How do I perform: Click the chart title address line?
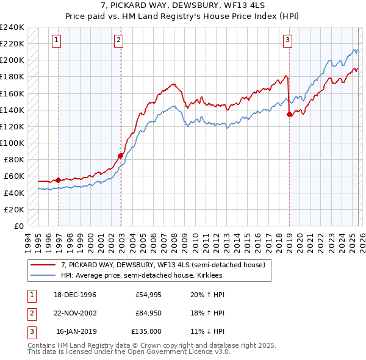[x=182, y=5]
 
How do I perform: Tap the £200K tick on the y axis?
[x=12, y=60]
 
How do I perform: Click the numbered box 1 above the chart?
[x=56, y=41]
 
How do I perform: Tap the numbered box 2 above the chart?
[x=118, y=41]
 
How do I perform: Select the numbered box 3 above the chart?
[x=287, y=41]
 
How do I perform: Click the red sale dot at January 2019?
[x=289, y=114]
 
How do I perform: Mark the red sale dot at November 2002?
[x=120, y=156]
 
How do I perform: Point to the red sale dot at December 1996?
[x=58, y=180]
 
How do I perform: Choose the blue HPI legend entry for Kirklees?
[x=142, y=276]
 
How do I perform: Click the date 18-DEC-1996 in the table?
[x=75, y=295]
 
